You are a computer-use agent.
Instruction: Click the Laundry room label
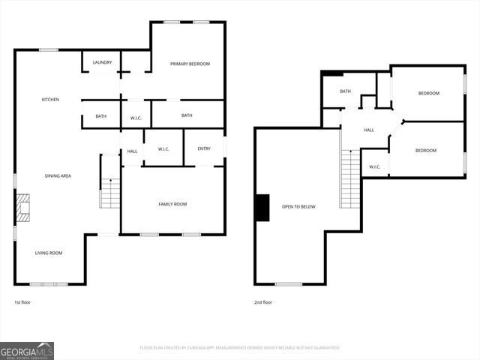(x=103, y=62)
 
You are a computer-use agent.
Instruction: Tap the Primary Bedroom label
(x=190, y=64)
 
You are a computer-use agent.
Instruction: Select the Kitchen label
(x=50, y=100)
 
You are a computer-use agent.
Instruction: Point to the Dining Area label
(x=58, y=175)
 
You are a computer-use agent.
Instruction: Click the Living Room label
(x=49, y=253)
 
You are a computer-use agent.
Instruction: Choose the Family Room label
(x=172, y=204)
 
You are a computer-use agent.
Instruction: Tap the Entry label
(x=204, y=148)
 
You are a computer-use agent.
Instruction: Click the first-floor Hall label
(x=132, y=151)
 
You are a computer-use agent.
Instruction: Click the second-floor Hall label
(x=369, y=130)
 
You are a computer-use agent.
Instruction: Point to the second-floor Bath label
(x=346, y=91)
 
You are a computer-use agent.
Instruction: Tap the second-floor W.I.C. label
(x=374, y=166)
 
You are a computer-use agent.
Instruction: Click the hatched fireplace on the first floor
(x=23, y=208)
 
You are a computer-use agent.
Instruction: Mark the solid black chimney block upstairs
(x=262, y=208)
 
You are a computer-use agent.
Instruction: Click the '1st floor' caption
(x=22, y=302)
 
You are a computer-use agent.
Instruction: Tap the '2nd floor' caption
(x=263, y=302)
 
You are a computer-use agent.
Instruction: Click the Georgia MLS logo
(x=27, y=350)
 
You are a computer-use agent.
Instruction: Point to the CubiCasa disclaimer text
(x=240, y=348)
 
